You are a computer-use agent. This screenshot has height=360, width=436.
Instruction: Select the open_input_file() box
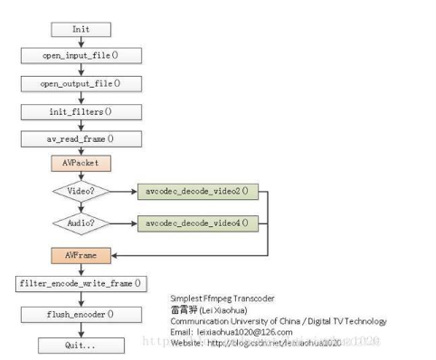click(x=81, y=56)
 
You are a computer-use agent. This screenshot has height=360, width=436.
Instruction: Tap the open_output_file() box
click(x=81, y=84)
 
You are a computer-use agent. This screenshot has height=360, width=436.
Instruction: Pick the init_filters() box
click(x=81, y=112)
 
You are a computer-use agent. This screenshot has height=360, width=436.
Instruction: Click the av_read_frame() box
click(x=81, y=140)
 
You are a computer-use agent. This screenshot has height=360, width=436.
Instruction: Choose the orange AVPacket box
click(x=81, y=166)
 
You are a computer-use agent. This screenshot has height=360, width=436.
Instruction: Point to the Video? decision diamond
click(x=81, y=193)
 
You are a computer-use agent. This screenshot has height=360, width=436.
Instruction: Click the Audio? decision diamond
click(x=81, y=222)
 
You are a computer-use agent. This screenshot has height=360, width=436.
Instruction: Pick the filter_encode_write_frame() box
click(x=81, y=284)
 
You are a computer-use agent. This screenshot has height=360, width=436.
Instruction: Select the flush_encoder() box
click(x=81, y=315)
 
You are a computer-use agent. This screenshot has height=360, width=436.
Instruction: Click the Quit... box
click(x=81, y=345)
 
